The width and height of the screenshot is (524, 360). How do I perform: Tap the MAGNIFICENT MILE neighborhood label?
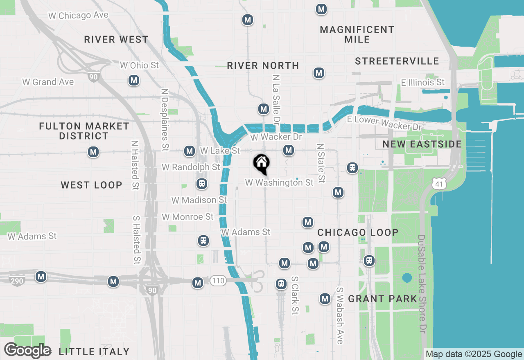coord(357,34)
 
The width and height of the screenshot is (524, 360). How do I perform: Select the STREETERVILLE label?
coord(397,61)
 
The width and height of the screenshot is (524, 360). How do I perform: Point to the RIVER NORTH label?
coord(263,65)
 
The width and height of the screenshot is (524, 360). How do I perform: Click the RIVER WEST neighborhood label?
coord(116,40)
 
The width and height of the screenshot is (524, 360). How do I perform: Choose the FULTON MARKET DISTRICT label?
coord(84,131)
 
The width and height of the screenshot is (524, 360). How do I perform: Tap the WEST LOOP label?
coord(91,185)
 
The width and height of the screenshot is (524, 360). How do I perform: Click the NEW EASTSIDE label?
coord(422,144)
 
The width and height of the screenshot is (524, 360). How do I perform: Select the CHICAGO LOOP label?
coord(358,232)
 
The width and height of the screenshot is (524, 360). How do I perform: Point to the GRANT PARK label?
coord(382,299)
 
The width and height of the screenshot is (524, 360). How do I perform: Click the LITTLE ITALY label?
coord(94,351)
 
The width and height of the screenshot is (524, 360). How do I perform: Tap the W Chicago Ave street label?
coord(78,16)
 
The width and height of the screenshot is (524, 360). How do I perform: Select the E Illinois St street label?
coord(423,83)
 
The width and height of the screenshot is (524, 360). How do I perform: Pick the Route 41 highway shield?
coord(439,184)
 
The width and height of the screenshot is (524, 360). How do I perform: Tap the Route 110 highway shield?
coord(218,281)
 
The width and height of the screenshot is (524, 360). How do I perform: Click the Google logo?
coord(28,351)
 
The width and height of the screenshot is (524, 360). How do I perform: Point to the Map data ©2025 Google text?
coord(474,354)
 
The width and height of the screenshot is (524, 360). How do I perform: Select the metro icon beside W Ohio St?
coord(133,81)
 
